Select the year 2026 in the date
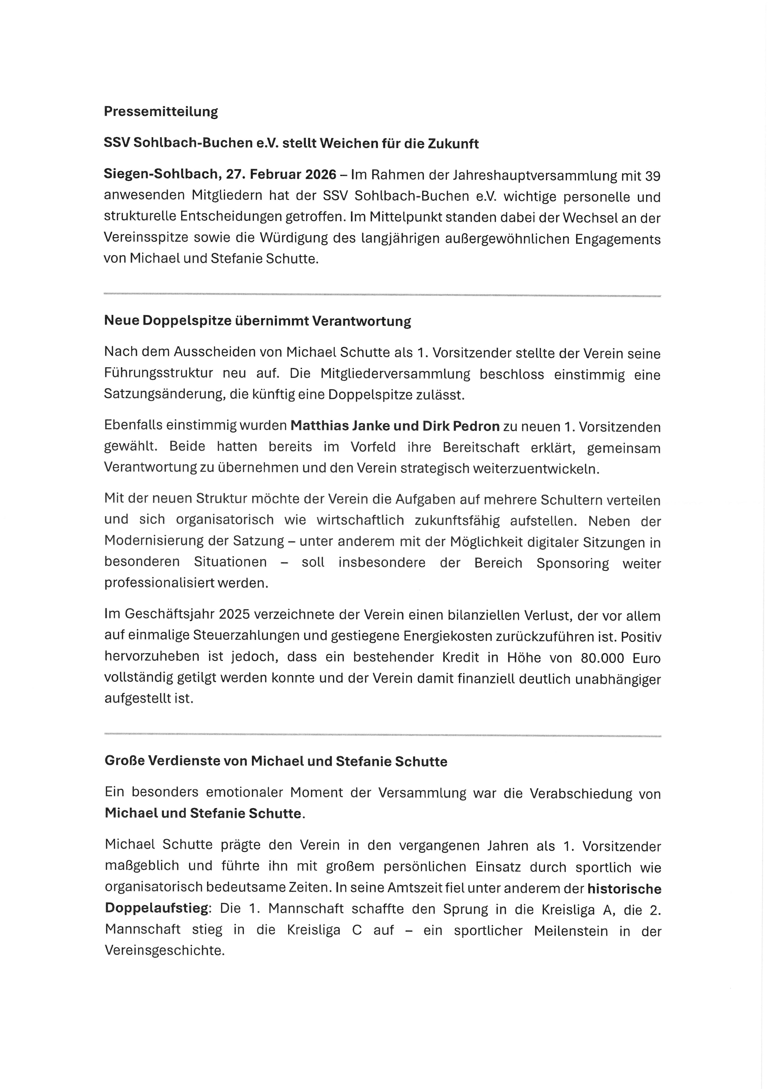(x=321, y=174)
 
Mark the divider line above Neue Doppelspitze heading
(x=382, y=296)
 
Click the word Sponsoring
(x=572, y=563)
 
